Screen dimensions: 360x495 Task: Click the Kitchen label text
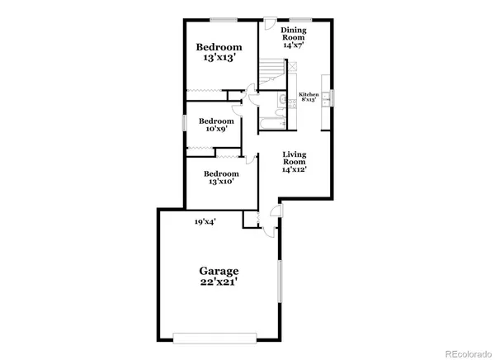pyautogui.click(x=309, y=94)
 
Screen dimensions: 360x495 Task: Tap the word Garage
pyautogui.click(x=219, y=270)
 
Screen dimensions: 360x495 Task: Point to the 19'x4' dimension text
pyautogui.click(x=205, y=221)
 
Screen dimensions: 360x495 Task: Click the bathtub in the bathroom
pyautogui.click(x=271, y=125)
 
